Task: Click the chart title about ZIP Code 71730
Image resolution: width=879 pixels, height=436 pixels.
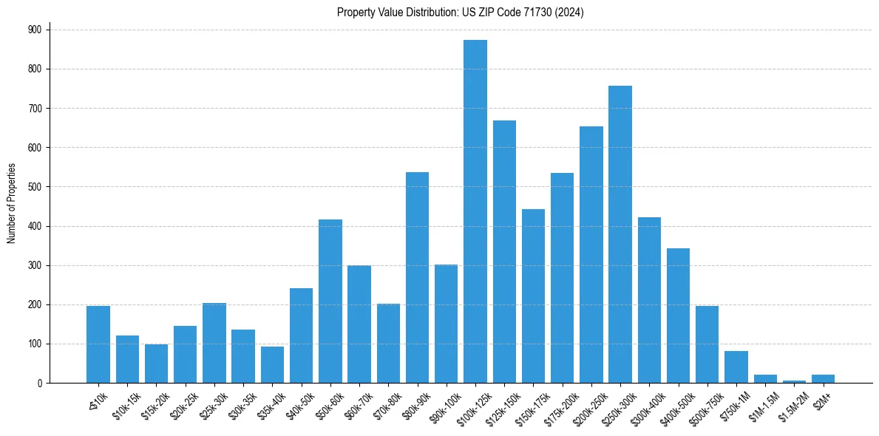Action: pos(461,12)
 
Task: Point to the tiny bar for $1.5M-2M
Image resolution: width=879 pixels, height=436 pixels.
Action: pos(794,381)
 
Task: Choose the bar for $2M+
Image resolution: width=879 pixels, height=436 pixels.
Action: pos(823,379)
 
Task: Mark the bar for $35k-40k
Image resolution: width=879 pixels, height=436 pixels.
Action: pos(272,365)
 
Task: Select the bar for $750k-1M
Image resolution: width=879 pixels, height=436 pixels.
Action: pos(736,367)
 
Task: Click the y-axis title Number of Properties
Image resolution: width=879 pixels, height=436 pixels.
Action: pos(11,203)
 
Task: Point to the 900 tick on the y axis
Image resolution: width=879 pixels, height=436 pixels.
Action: pos(33,30)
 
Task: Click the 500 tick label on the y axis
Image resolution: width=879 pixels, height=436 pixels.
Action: pos(33,187)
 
